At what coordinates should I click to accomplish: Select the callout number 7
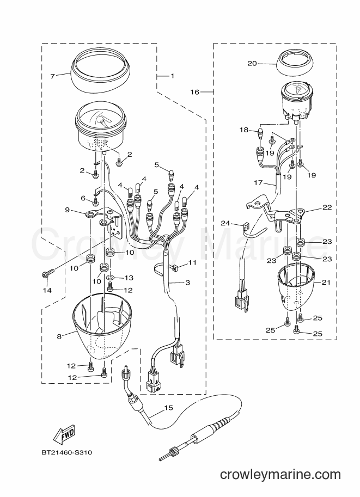[x=53, y=76]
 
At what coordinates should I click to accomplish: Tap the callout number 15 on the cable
[x=169, y=408]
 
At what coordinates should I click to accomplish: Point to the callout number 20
[x=252, y=63]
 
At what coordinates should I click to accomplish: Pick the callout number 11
[x=193, y=262]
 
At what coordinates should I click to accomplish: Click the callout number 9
[x=67, y=210]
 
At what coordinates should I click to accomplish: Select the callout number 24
[x=225, y=224]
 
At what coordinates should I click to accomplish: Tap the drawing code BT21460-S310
[x=67, y=452]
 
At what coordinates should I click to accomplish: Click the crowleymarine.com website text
[x=280, y=475]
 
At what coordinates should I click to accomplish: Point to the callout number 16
[x=195, y=92]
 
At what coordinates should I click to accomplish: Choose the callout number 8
[x=59, y=336]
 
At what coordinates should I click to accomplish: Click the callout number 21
[x=326, y=283]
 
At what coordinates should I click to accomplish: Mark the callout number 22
[x=327, y=207]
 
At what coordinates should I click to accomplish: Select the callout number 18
[x=244, y=130]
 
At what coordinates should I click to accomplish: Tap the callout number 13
[x=129, y=278]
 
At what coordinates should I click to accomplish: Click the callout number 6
[x=83, y=198]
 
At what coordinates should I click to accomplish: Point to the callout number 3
[x=187, y=282]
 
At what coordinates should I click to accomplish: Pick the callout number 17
[x=259, y=183]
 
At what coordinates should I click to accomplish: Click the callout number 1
[x=173, y=76]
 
